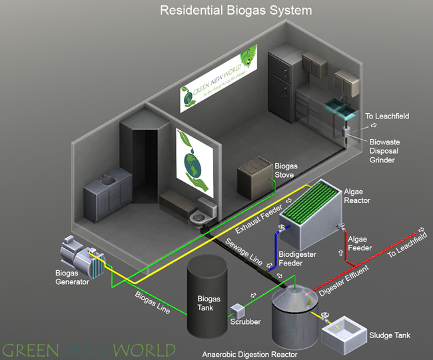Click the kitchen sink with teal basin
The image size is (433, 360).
coord(340,106)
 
